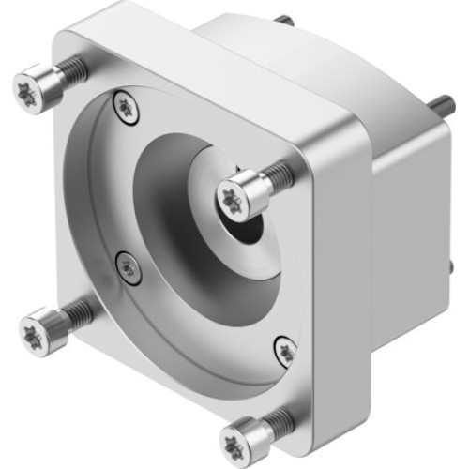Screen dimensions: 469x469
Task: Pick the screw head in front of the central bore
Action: click(x=235, y=196)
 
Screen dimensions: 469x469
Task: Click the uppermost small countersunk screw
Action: click(x=122, y=106)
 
